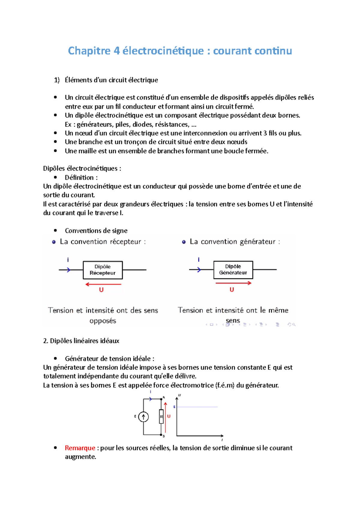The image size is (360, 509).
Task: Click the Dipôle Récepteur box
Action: tap(103, 270)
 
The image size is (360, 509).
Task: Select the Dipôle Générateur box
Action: tap(233, 269)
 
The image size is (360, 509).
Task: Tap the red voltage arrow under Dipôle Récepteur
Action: tap(103, 284)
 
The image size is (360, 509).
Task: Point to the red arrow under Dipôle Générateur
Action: tap(233, 283)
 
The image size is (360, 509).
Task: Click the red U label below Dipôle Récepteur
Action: tap(101, 290)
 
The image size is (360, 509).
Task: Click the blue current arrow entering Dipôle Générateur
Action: tap(198, 270)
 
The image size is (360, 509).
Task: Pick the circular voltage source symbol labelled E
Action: tap(143, 417)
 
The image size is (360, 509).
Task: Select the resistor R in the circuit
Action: tap(161, 417)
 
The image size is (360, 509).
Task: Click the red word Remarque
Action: tap(80, 448)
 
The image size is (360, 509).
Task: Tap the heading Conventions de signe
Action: tap(96, 231)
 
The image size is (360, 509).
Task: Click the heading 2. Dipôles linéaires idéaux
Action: tap(81, 341)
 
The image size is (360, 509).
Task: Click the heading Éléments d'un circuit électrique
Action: tap(111, 80)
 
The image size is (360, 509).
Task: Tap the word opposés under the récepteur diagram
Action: tap(103, 321)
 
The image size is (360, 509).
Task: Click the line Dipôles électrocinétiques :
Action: tap(82, 168)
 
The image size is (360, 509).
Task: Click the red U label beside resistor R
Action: tap(169, 416)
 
